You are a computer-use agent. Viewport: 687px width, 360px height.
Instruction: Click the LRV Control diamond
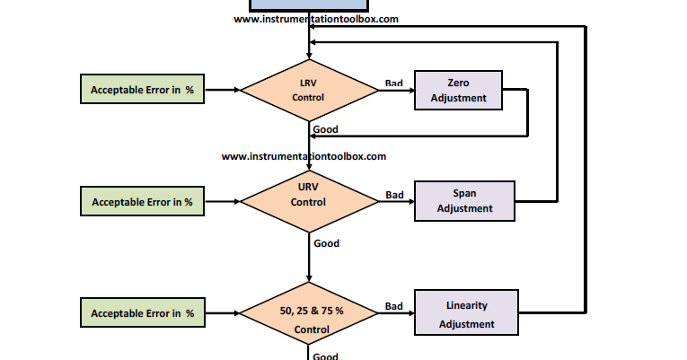pos(308,90)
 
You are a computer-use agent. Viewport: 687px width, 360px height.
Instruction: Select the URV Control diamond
pos(308,201)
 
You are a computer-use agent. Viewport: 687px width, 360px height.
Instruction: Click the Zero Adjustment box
pos(458,90)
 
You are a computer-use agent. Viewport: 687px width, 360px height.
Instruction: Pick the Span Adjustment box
pos(464,201)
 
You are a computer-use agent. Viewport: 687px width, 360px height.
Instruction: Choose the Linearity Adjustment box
pos(466,313)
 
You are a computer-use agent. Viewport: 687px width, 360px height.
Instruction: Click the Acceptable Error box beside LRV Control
pos(142,90)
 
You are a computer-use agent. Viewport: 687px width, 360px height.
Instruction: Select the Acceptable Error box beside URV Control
pos(142,201)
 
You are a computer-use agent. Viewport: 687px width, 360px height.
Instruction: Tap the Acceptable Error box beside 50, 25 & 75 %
pos(142,313)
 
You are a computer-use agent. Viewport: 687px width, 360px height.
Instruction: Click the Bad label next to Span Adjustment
pos(394,194)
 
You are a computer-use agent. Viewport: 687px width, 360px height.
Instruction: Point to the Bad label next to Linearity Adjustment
pos(393,306)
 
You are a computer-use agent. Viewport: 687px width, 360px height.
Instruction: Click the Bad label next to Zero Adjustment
pos(393,83)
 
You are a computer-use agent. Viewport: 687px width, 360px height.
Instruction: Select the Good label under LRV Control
pos(325,129)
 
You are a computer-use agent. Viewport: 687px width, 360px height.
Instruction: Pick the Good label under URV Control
pos(326,242)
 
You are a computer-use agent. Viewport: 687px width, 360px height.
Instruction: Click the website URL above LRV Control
pos(316,18)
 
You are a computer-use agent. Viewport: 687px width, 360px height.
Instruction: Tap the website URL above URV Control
pos(304,156)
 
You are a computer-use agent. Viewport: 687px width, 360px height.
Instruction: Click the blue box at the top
pos(308,4)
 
